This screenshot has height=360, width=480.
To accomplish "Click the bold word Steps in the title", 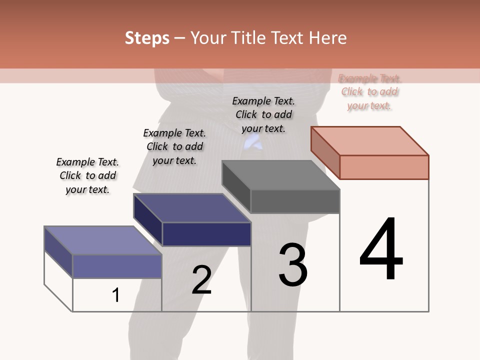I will (147, 38).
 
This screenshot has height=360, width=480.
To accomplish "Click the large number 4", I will (381, 250).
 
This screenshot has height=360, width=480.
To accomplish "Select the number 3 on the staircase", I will (292, 265).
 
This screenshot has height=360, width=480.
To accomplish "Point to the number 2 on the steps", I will (201, 280).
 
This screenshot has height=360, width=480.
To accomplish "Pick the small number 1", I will (116, 295).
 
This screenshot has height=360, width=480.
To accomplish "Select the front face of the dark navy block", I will (206, 234).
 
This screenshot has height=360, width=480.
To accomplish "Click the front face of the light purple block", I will (117, 266).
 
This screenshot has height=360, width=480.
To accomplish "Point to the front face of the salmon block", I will (384, 167).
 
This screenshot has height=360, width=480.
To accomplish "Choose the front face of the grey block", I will (295, 201).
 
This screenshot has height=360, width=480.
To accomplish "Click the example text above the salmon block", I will (369, 92).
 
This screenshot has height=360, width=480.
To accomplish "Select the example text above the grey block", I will (263, 114).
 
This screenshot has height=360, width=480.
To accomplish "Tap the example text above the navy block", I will (174, 146).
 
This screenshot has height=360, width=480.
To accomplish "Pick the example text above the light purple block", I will (87, 175).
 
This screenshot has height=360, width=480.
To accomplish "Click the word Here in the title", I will (328, 38).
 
